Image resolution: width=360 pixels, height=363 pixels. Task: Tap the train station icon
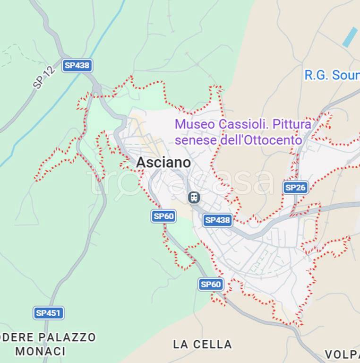[194, 197]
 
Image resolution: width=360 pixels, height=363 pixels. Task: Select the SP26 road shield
[295, 188]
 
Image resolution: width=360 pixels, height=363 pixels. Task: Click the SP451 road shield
[48, 313]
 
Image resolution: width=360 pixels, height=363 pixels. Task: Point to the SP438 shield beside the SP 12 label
[77, 65]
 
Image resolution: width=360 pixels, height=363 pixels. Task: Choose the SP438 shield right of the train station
[217, 220]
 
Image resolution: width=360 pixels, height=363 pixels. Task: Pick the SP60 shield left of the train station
[163, 216]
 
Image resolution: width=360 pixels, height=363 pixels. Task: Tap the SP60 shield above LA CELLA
[210, 284]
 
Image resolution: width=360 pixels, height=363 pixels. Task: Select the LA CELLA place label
[202, 344]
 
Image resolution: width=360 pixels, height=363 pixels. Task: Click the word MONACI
[40, 351]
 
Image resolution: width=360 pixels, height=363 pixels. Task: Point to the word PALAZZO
[67, 337]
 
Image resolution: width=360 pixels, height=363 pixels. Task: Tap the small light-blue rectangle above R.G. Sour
[350, 37]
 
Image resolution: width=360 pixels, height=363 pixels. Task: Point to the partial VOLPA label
[342, 354]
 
